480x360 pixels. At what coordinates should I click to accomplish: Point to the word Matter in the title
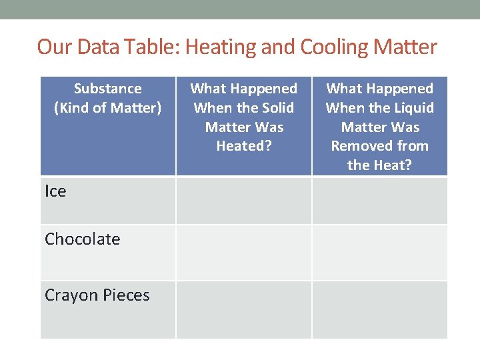pyautogui.click(x=405, y=47)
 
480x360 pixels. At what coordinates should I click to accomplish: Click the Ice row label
pyautogui.click(x=55, y=191)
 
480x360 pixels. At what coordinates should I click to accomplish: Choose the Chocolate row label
pyautogui.click(x=82, y=239)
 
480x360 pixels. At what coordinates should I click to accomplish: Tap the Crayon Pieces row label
pyautogui.click(x=97, y=295)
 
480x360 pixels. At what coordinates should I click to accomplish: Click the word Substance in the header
pyautogui.click(x=108, y=89)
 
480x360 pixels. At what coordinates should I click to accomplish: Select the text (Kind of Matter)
pyautogui.click(x=107, y=107)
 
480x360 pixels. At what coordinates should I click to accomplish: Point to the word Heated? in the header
pyautogui.click(x=244, y=145)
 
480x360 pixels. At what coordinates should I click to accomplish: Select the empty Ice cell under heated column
pyautogui.click(x=244, y=200)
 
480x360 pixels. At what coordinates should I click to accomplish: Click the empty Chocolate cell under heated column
pyautogui.click(x=244, y=252)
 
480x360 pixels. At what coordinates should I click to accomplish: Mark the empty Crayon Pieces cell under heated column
pyautogui.click(x=244, y=309)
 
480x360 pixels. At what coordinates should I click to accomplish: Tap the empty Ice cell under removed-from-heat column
pyautogui.click(x=380, y=200)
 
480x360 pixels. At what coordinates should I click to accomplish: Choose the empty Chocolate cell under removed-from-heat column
pyautogui.click(x=380, y=252)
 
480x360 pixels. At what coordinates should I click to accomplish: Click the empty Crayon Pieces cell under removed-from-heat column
pyautogui.click(x=380, y=309)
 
